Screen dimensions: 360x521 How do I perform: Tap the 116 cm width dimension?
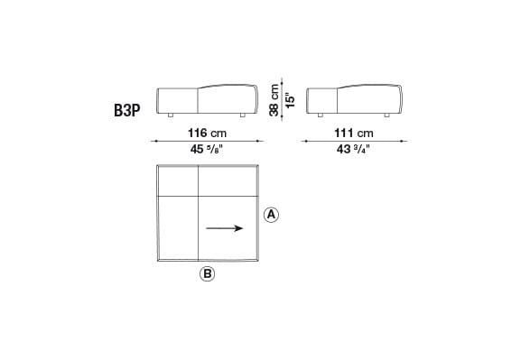(207, 133)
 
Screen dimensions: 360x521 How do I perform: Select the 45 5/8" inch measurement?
(207, 150)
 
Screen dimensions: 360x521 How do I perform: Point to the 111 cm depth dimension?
(355, 133)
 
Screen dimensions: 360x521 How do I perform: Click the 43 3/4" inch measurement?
(355, 150)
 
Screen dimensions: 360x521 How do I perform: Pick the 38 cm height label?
(274, 97)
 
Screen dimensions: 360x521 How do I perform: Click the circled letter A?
(270, 215)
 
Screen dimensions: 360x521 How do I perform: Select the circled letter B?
(207, 274)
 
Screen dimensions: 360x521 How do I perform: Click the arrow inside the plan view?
(225, 228)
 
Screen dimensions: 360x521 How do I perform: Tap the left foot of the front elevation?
(170, 115)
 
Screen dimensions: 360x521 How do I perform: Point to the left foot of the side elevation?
(321, 115)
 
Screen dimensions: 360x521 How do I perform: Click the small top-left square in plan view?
(177, 180)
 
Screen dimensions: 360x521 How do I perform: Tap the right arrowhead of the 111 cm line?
(405, 141)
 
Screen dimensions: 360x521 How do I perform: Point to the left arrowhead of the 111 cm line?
(304, 141)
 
